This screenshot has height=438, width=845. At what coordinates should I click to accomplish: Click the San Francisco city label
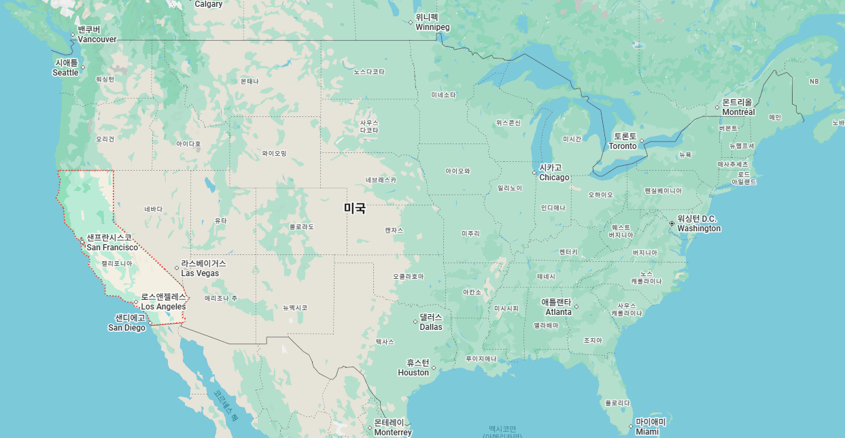pyautogui.click(x=111, y=243)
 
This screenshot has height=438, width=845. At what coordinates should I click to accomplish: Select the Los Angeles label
pyautogui.click(x=163, y=302)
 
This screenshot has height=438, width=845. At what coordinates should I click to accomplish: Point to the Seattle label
pyautogui.click(x=66, y=68)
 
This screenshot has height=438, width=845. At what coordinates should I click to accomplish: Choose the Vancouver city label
pyautogui.click(x=97, y=35)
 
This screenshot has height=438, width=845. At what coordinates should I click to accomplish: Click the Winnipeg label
pyautogui.click(x=432, y=22)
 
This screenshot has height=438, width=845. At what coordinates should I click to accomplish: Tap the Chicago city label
pyautogui.click(x=553, y=173)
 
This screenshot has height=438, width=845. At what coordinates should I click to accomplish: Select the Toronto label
pyautogui.click(x=623, y=141)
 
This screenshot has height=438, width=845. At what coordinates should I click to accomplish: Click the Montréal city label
pyautogui.click(x=738, y=107)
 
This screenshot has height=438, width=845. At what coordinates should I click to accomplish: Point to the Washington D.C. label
pyautogui.click(x=698, y=224)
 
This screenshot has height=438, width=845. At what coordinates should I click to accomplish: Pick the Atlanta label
pyautogui.click(x=557, y=307)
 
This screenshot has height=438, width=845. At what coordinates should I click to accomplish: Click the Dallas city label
pyautogui.click(x=431, y=322)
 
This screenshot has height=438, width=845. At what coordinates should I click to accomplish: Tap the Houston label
pyautogui.click(x=413, y=367)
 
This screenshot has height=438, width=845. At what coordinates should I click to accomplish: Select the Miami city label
pyautogui.click(x=649, y=426)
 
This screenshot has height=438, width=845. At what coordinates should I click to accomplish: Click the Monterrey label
pyautogui.click(x=392, y=427)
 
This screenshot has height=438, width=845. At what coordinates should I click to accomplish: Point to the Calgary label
pyautogui.click(x=209, y=4)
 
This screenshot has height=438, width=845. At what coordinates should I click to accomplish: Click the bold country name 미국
pyautogui.click(x=354, y=209)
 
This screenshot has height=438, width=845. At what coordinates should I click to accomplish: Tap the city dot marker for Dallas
pyautogui.click(x=415, y=322)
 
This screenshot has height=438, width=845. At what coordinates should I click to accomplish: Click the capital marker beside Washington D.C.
pyautogui.click(x=672, y=223)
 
